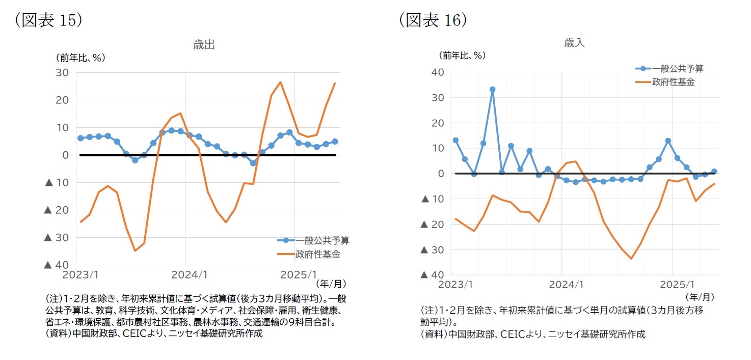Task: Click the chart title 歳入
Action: tap(574, 43)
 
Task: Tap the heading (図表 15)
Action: tap(48, 19)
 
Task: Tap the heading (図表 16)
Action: tap(433, 19)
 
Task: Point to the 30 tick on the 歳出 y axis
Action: tap(62, 72)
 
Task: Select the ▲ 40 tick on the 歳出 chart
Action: tap(56, 265)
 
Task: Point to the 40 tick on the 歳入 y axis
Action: tap(437, 72)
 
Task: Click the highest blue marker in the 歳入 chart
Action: tap(492, 90)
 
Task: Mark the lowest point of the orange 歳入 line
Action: tap(631, 259)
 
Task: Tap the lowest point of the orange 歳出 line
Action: tap(135, 251)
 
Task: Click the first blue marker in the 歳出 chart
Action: tap(81, 138)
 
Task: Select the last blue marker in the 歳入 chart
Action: tap(714, 172)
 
